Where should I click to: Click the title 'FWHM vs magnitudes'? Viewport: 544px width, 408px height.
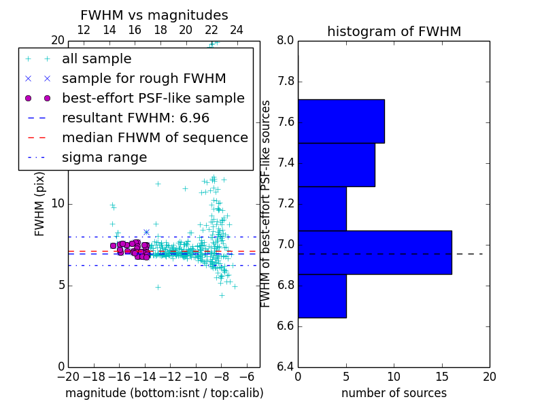tap(154, 15)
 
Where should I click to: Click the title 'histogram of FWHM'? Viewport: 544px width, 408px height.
tap(394, 31)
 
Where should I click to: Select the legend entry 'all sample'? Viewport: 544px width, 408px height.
tap(97, 59)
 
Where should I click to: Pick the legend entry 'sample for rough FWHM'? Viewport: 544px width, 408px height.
tap(143, 79)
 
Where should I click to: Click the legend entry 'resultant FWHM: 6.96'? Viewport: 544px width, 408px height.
tap(135, 118)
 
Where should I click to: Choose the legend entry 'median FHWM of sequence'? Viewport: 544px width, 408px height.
tap(154, 138)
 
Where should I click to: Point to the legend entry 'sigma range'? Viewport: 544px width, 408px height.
tap(104, 158)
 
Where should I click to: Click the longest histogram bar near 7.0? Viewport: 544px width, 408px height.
tap(375, 252)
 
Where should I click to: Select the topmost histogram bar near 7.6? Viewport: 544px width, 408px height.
tap(341, 121)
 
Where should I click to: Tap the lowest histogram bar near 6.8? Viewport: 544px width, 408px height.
tap(322, 296)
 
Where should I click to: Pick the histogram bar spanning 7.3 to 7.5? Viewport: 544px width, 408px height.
tap(336, 165)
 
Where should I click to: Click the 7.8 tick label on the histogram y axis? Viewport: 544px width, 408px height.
tap(285, 82)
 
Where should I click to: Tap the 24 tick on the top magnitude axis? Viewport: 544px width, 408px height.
tap(237, 30)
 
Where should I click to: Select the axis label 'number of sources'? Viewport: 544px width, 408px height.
tap(394, 393)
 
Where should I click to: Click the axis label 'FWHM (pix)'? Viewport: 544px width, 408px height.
tap(40, 205)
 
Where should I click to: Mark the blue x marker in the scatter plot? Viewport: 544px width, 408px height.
tap(146, 232)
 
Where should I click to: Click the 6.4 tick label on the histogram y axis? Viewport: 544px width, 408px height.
tap(285, 367)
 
